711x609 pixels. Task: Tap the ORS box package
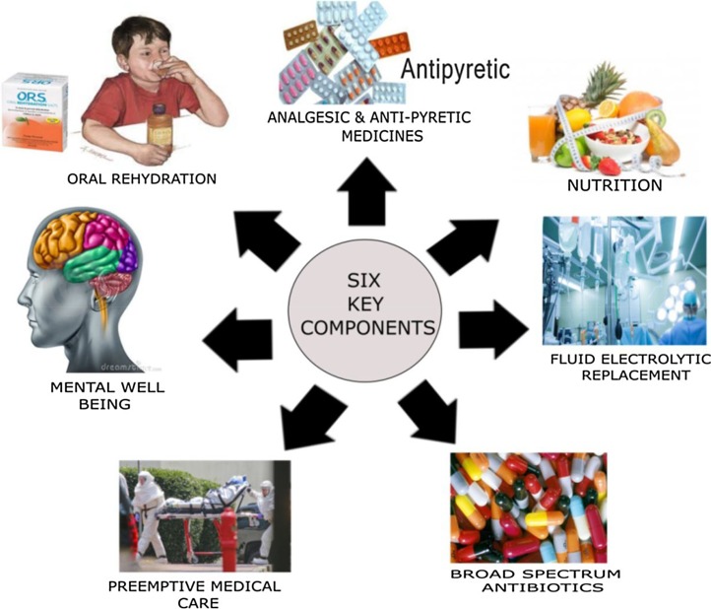tap(40, 112)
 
